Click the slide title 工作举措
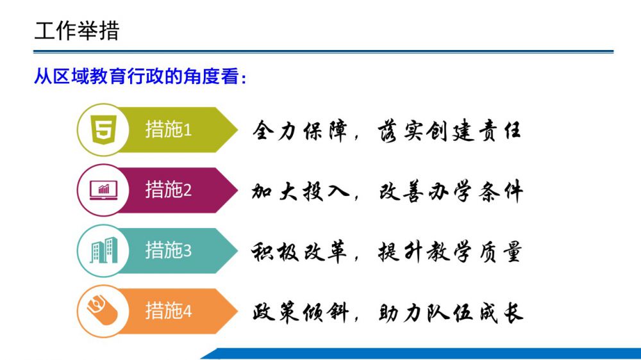[77, 31]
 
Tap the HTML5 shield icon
[103, 129]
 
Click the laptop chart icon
[103, 190]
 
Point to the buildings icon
[103, 250]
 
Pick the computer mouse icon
[102, 311]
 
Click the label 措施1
[169, 129]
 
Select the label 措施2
[169, 190]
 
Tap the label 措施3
[169, 250]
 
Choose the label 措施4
[169, 311]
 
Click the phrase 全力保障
[300, 131]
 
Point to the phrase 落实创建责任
[449, 131]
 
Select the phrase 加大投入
[300, 192]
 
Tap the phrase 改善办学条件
[451, 192]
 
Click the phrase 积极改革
[299, 252]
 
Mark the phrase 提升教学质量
[450, 252]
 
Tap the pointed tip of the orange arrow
[238, 311]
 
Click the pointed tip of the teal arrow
[238, 250]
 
